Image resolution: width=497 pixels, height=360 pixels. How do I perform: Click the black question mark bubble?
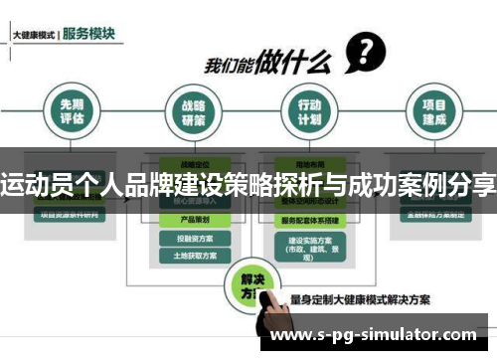[x=365, y=50]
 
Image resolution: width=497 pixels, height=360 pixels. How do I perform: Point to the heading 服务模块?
[x=88, y=33]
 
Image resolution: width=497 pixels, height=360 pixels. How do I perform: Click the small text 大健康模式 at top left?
[x=33, y=35]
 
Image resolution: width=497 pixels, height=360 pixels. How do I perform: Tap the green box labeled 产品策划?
[x=193, y=219]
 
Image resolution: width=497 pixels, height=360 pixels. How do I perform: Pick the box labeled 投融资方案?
[x=193, y=239]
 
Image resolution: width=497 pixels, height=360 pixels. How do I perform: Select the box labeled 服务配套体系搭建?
[x=308, y=220]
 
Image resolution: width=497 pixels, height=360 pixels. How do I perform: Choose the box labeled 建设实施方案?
[x=308, y=245]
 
